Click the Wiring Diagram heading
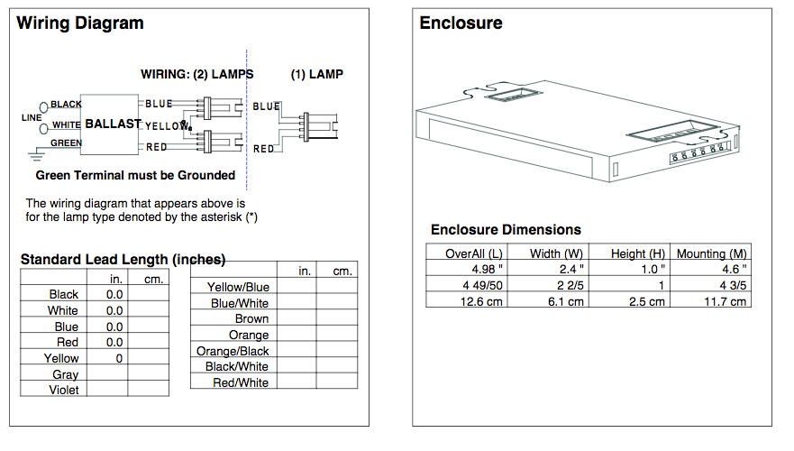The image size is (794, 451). (x=79, y=23)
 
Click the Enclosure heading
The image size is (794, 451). (x=461, y=23)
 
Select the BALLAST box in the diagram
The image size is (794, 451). (x=112, y=124)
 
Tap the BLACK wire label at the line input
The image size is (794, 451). (x=66, y=105)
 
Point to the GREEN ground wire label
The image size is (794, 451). (x=66, y=143)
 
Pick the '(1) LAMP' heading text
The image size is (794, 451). (x=316, y=74)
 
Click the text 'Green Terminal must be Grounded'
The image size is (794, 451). (x=135, y=175)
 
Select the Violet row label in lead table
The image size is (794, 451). (x=63, y=390)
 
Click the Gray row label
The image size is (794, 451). (x=65, y=374)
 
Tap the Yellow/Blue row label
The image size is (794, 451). (x=238, y=287)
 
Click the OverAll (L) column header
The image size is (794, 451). (x=474, y=253)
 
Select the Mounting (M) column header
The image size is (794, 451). (x=711, y=253)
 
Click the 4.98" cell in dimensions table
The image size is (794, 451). (x=488, y=269)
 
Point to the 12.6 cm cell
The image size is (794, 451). (x=481, y=301)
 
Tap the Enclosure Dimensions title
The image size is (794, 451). (x=506, y=229)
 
